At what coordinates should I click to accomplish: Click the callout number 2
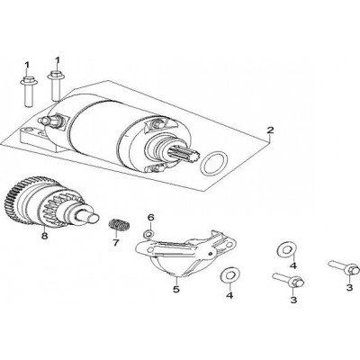(x=270, y=130)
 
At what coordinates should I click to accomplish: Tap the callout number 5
(x=175, y=290)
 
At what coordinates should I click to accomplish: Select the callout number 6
(x=150, y=217)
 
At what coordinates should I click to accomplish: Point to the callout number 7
(x=116, y=242)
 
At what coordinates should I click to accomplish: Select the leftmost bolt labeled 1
(x=28, y=91)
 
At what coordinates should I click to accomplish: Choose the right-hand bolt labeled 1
(x=56, y=85)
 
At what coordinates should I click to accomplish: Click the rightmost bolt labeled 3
(x=344, y=267)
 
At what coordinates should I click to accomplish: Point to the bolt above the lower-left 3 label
(x=289, y=280)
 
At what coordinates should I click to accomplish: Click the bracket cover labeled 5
(x=185, y=254)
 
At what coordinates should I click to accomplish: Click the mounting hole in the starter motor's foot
(x=29, y=130)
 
